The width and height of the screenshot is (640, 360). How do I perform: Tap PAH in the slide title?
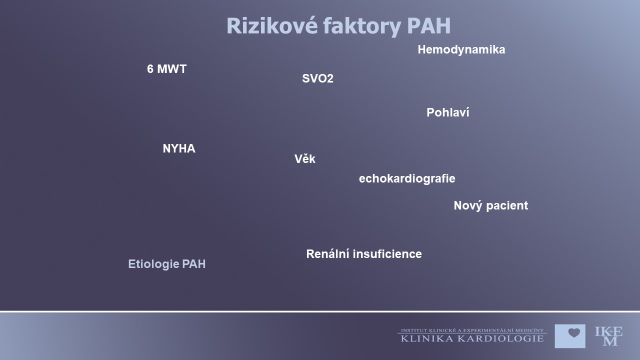point(429,26)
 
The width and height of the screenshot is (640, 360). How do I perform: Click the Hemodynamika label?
point(461,49)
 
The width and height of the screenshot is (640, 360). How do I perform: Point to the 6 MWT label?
point(167,69)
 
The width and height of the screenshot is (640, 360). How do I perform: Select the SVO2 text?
point(317,78)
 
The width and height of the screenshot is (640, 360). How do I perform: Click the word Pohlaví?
point(447,112)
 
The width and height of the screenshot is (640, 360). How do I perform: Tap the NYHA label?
point(179,148)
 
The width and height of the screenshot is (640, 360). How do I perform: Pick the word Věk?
point(305,159)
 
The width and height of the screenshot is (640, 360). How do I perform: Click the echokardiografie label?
point(407,179)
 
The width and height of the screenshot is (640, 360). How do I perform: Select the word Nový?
point(467,205)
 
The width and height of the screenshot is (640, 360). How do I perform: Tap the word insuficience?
point(387,254)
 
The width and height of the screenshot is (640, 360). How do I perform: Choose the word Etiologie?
point(153,264)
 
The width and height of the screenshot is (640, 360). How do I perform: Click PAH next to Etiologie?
point(193,264)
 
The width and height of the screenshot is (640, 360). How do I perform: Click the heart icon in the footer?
point(574,333)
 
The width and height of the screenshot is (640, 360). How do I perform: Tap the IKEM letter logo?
point(608,336)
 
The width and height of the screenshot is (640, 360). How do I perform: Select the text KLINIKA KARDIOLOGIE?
point(472,339)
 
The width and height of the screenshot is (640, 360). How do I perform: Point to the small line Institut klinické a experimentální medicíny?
point(472,330)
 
